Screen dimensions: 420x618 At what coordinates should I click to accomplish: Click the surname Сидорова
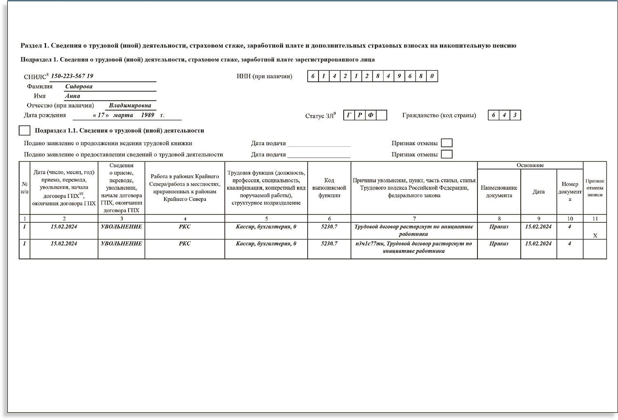point(79,86)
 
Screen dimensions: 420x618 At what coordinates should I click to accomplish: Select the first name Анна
point(73,96)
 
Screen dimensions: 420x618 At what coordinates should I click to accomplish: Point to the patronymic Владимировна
point(130,105)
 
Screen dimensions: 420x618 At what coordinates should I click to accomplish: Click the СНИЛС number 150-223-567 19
point(72,76)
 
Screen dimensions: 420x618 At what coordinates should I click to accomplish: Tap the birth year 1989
point(147,115)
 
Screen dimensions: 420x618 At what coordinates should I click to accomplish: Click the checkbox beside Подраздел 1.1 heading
point(25,131)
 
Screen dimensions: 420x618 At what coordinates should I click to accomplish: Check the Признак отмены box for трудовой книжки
point(447,143)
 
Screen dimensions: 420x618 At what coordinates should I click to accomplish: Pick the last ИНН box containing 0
point(432,76)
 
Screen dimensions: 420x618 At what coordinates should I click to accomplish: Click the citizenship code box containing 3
point(515,115)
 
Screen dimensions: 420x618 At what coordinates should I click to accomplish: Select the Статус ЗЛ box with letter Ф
point(370,115)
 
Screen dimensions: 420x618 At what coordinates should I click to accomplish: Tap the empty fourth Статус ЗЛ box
point(382,115)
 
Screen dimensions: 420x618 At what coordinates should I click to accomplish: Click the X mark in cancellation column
point(595,236)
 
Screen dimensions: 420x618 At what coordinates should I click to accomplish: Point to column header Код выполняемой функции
point(329,188)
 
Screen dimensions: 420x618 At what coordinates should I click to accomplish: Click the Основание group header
point(530,165)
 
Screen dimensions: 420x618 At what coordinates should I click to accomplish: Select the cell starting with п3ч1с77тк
point(414,247)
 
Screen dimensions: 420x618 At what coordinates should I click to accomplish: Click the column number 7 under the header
point(414,219)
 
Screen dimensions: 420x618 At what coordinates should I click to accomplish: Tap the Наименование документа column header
point(499,191)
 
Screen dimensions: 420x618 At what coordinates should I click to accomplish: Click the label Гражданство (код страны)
point(439,115)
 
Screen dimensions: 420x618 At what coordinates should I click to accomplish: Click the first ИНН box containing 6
point(313,76)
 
